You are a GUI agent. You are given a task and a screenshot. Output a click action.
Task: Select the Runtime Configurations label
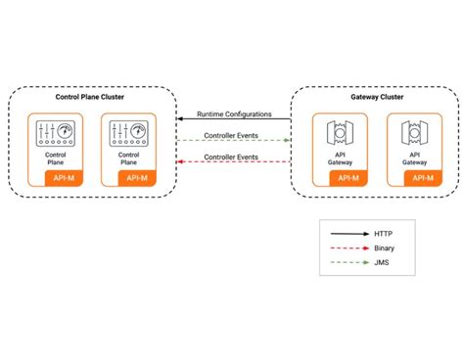pos(234,113)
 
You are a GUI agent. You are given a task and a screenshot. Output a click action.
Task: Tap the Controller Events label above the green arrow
pos(232,135)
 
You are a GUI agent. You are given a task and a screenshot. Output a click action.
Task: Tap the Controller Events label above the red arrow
pos(232,157)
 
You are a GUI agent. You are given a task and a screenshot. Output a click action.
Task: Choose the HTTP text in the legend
pos(384,206)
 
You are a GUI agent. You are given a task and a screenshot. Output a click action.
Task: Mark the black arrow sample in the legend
pos(348,206)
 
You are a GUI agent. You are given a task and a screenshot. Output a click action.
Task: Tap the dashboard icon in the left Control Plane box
pos(56,133)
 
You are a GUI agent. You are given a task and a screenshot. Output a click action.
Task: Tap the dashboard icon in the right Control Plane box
pos(128,133)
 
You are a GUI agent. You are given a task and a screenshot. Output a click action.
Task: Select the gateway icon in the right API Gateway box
pos(412,133)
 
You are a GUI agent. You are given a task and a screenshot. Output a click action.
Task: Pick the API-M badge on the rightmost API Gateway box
pos(423,177)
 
